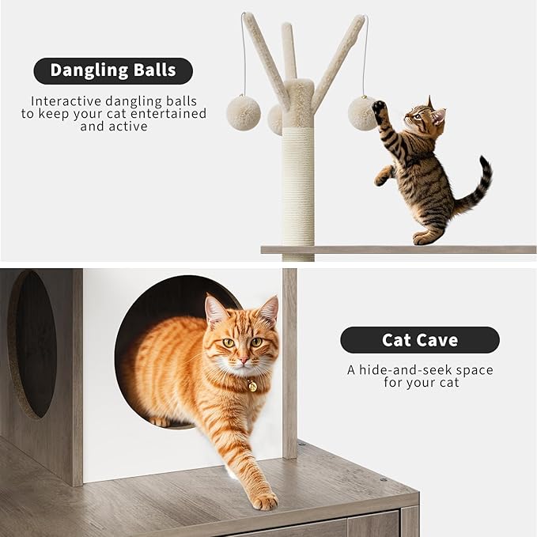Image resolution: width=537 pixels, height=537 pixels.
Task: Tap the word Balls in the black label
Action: pyautogui.click(x=154, y=70)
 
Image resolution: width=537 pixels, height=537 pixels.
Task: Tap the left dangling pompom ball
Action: pyautogui.click(x=243, y=112)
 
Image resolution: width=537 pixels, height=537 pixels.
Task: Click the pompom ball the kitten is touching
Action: pyautogui.click(x=362, y=113)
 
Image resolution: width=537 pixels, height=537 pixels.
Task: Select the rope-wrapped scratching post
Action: pyautogui.click(x=298, y=186)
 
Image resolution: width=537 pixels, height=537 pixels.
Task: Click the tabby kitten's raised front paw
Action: pyautogui.click(x=380, y=107)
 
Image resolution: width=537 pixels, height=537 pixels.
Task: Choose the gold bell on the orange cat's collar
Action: pyautogui.click(x=251, y=386)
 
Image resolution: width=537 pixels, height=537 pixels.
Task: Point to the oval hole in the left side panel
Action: pyautogui.click(x=32, y=344)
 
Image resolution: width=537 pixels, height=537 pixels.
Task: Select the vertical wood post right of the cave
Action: pyautogui.click(x=289, y=364)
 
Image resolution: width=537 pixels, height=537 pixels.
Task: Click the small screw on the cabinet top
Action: pyautogui.click(x=384, y=479)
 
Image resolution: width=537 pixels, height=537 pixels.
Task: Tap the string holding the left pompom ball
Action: pyautogui.click(x=244, y=55)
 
